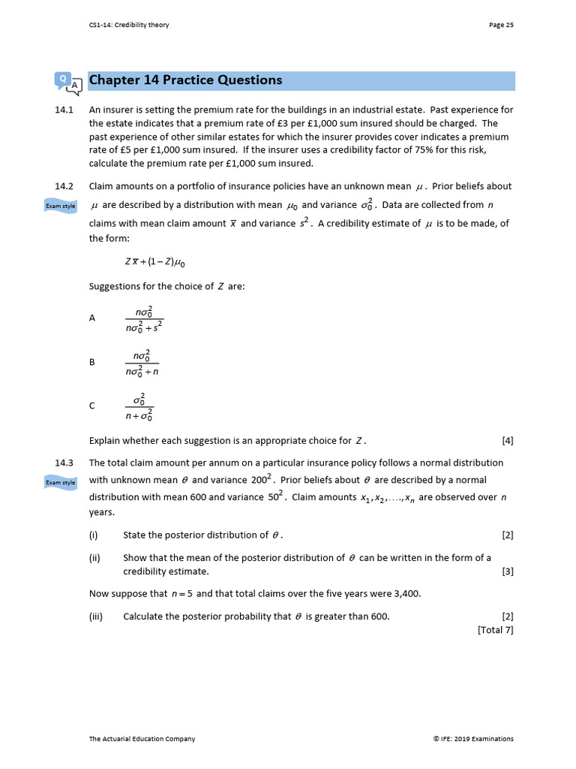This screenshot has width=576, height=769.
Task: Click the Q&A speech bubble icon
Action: pyautogui.click(x=67, y=82)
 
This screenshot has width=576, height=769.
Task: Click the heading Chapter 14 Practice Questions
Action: pyautogui.click(x=185, y=80)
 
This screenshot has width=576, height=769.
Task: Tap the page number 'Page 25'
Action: pyautogui.click(x=501, y=25)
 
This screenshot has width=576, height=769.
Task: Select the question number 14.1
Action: pyautogui.click(x=64, y=110)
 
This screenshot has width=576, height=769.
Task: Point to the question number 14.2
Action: pyautogui.click(x=64, y=186)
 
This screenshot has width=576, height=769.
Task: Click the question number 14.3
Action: pyautogui.click(x=64, y=463)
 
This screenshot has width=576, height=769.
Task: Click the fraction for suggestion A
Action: pyautogui.click(x=144, y=318)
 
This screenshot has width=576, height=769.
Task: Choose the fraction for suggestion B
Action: pyautogui.click(x=142, y=362)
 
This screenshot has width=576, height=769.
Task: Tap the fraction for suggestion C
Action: pyautogui.click(x=139, y=406)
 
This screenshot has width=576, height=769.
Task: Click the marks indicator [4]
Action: pyautogui.click(x=507, y=441)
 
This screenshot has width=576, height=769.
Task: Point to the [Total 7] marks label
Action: pyautogui.click(x=495, y=630)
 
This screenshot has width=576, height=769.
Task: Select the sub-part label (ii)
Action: pyautogui.click(x=94, y=558)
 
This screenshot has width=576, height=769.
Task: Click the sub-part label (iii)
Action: pyautogui.click(x=95, y=617)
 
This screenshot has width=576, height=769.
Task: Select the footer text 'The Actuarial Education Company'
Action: pyautogui.click(x=142, y=739)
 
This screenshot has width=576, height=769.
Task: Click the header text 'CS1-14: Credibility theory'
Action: pyautogui.click(x=129, y=25)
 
